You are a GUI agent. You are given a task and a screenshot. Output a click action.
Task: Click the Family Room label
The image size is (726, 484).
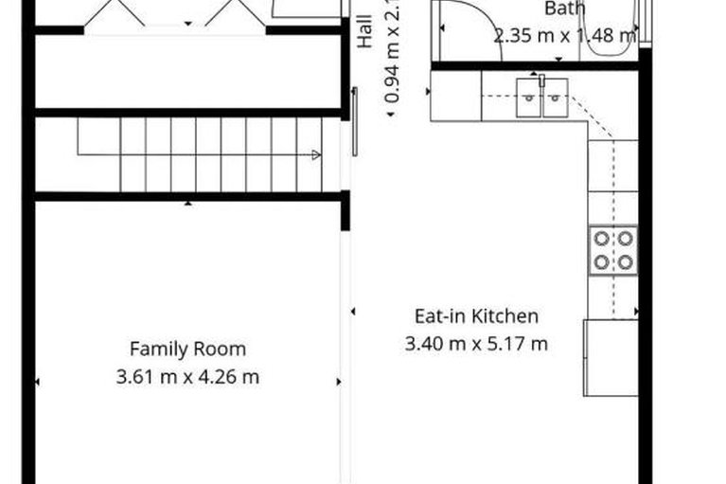pos(187,349)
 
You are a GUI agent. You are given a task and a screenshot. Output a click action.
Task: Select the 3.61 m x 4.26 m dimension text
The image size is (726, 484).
pos(187,377)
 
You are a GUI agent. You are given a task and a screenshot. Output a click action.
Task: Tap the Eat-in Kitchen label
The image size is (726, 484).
pos(476,316)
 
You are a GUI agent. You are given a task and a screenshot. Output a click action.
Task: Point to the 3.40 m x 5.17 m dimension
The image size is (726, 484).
pos(476,344)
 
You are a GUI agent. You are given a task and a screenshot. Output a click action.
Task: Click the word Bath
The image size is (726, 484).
pos(565,9)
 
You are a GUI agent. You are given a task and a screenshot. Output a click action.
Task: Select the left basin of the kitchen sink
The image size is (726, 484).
pos(528,97)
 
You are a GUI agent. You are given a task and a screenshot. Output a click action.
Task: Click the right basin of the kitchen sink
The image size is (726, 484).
pos(555,97)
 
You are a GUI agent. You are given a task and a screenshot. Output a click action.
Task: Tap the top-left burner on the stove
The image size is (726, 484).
pos(602,240)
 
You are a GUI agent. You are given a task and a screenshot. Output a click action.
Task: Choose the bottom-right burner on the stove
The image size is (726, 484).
pos(625,261)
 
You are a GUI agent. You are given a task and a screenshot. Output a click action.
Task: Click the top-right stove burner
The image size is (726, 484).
pos(625,240)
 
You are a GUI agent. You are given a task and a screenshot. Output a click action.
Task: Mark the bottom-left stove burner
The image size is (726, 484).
pos(602,261)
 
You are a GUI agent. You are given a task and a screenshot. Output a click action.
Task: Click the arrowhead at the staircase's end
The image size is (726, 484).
pos(315,154)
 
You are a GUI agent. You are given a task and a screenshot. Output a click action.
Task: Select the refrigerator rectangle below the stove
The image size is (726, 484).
pos(610,357)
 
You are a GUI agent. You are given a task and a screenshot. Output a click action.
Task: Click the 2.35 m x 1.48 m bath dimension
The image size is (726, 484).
pos(565,37)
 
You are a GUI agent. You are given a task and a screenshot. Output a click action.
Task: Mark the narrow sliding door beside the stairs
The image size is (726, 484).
pos(355,121)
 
